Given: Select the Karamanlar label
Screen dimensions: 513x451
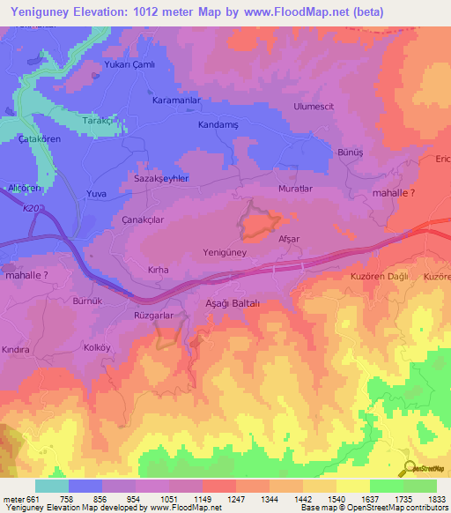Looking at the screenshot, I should [x=177, y=101].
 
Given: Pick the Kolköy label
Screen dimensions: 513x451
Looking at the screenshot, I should [x=97, y=346].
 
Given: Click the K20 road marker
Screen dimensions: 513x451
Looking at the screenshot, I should [x=32, y=208].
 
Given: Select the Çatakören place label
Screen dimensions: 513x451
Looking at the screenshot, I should [x=43, y=139].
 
